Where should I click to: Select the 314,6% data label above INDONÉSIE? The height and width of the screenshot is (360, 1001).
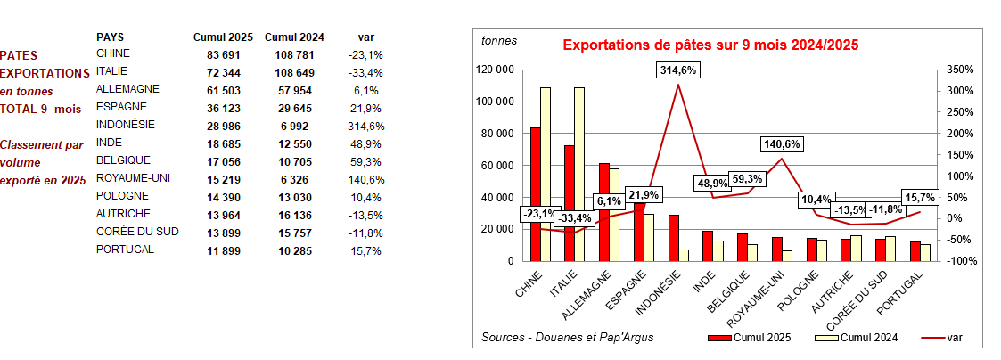click(x=679, y=70)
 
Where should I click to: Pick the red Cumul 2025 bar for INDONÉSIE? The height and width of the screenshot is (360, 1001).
click(x=674, y=237)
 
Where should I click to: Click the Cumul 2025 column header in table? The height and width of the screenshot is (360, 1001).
click(x=223, y=37)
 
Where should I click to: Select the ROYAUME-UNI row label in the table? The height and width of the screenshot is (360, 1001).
click(x=128, y=178)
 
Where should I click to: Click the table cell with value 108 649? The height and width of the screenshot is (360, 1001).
click(x=294, y=72)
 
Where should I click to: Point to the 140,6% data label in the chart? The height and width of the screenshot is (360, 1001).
click(x=782, y=143)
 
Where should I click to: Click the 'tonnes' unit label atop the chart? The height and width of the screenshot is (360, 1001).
click(x=498, y=41)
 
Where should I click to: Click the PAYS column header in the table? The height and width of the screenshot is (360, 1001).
click(x=110, y=37)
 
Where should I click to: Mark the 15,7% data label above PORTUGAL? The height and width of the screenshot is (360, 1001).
click(x=921, y=197)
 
